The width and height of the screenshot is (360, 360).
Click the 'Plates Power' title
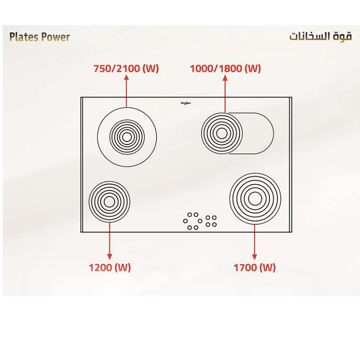click(x=40, y=37)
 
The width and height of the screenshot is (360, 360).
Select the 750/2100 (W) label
click(x=127, y=68)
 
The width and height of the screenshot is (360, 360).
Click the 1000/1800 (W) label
click(x=225, y=68)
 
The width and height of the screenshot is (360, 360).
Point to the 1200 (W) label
click(x=110, y=267)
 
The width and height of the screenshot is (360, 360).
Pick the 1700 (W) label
click(x=255, y=267)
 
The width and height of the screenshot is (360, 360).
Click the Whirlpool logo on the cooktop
click(x=186, y=103)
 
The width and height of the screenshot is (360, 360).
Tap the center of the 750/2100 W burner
click(x=127, y=137)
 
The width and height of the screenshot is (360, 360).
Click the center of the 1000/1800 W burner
click(x=221, y=133)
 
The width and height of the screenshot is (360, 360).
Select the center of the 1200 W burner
click(x=109, y=201)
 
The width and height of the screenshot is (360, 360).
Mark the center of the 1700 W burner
click(x=255, y=199)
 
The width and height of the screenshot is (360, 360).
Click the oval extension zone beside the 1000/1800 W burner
click(x=257, y=133)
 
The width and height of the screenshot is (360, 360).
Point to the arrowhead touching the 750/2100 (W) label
click(x=127, y=78)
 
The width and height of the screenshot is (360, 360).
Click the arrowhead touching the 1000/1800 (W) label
click(x=225, y=78)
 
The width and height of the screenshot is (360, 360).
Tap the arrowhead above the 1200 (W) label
click(x=110, y=256)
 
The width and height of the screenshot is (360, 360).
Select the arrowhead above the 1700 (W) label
click(x=255, y=256)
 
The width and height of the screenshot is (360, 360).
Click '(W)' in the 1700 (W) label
click(x=266, y=267)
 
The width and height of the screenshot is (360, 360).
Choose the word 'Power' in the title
click(x=55, y=37)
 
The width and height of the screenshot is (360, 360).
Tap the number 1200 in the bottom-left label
click(x=100, y=267)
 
